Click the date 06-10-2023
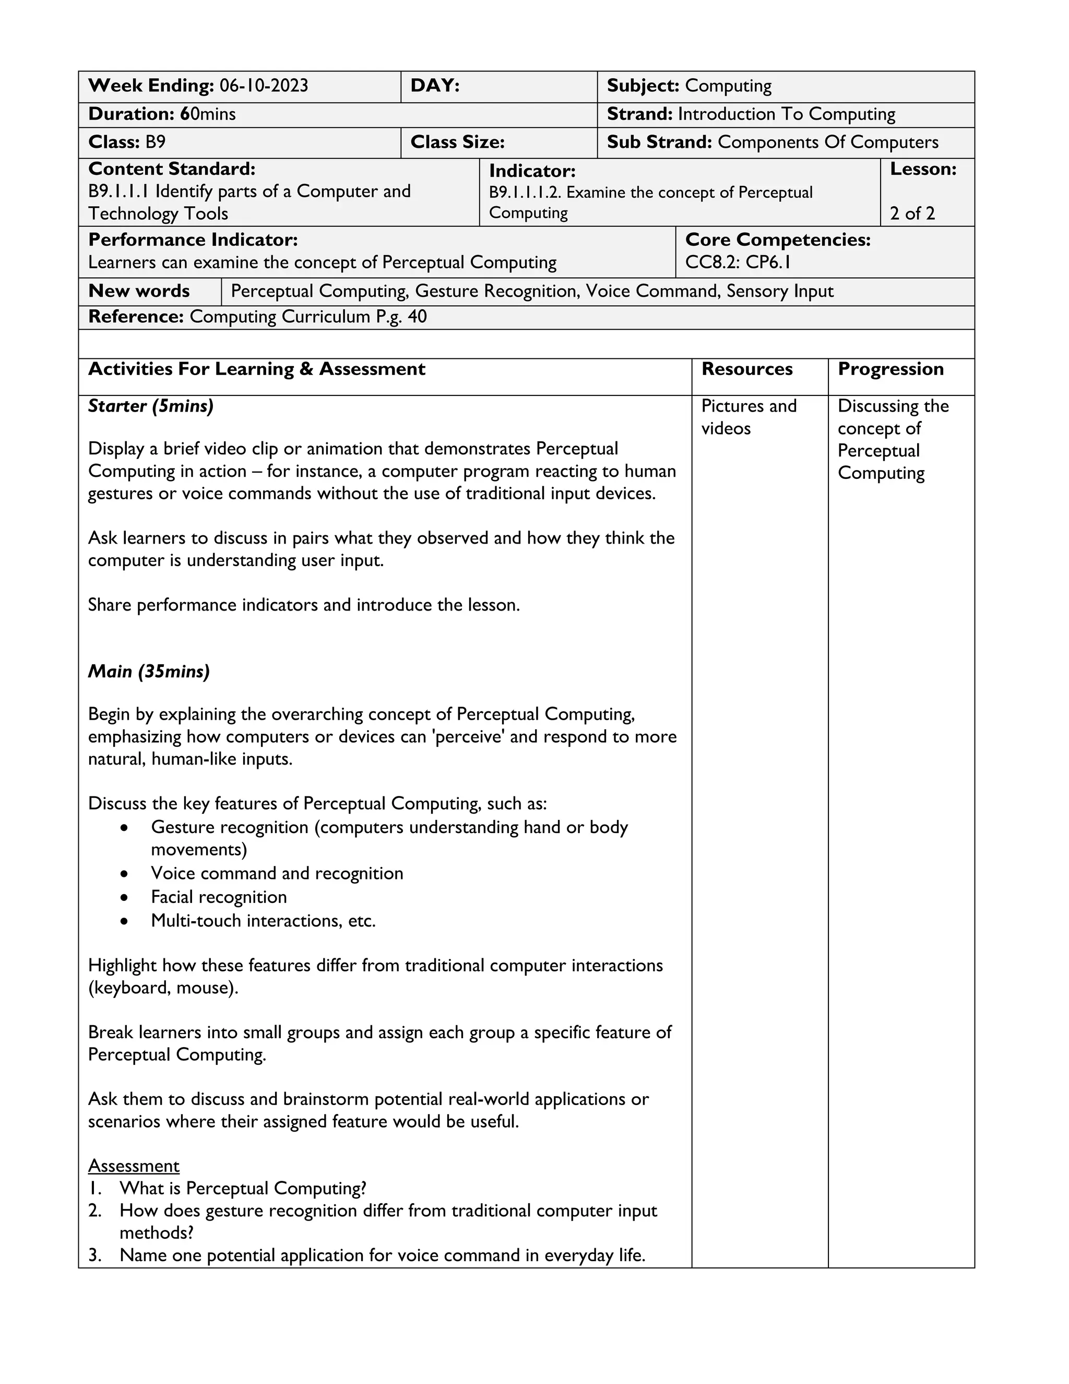[264, 86]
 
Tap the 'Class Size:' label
[457, 142]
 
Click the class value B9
[155, 142]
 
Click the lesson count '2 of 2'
[912, 214]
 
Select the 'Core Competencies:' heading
[778, 240]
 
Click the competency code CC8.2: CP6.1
[738, 262]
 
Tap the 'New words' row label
[139, 291]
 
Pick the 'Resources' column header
[746, 369]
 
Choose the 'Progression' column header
[890, 369]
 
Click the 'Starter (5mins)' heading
[151, 406]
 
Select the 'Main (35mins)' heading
[149, 671]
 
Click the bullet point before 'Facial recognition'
[124, 898]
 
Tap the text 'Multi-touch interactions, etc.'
[263, 921]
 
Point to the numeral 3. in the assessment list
[95, 1256]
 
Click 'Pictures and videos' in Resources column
[748, 417]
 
